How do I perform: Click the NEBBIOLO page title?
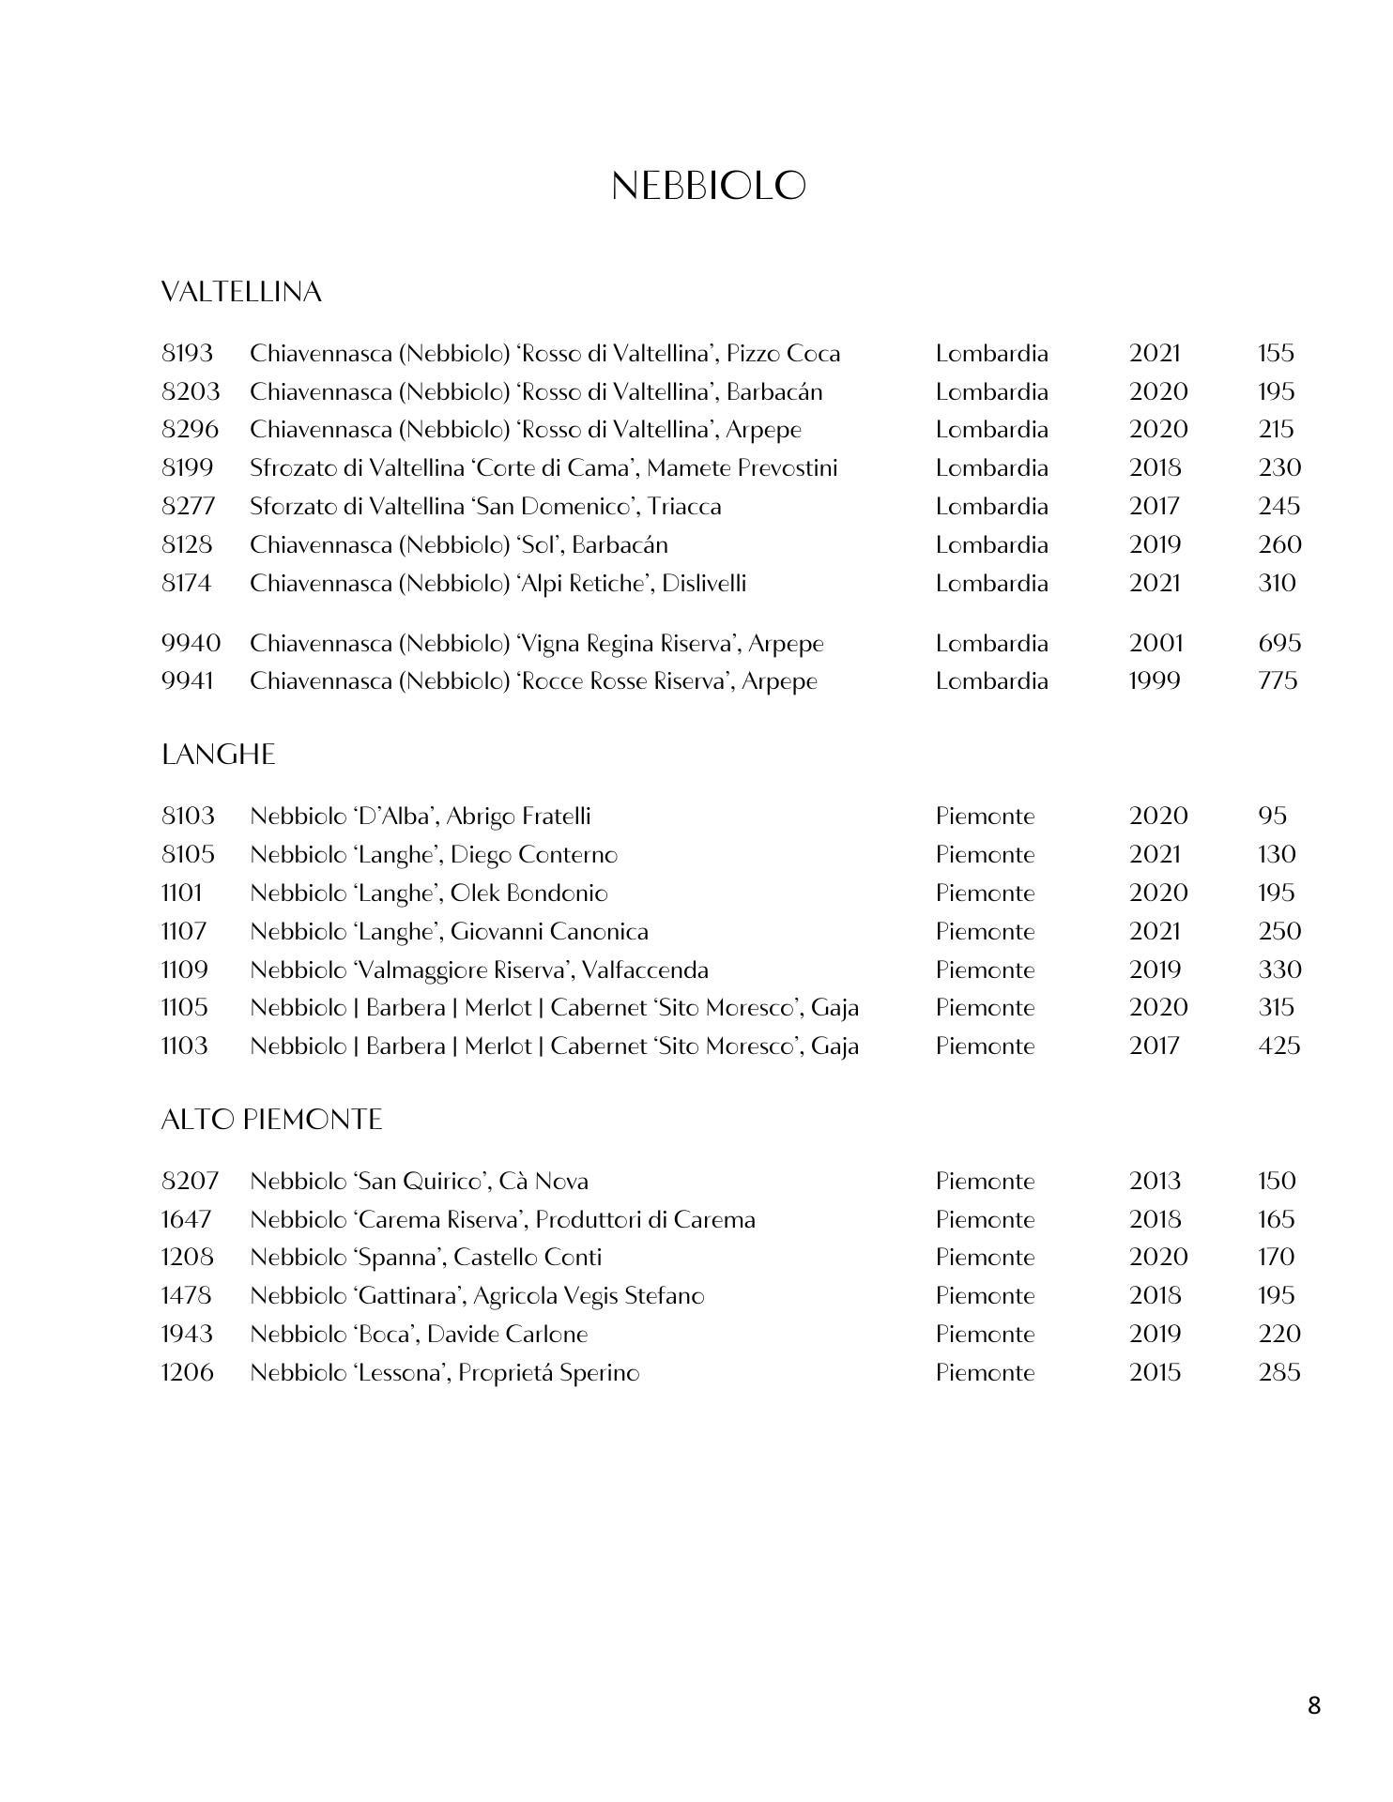[x=708, y=186]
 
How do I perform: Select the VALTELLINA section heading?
[x=241, y=293]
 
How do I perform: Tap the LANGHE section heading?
[x=218, y=756]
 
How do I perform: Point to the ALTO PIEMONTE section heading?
[x=271, y=1120]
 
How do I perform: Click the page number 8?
[x=1313, y=1705]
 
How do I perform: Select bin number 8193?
[x=187, y=354]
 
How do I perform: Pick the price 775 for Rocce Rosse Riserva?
[x=1278, y=680]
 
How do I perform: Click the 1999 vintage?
[x=1154, y=680]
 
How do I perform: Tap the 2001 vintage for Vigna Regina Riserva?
[x=1156, y=644]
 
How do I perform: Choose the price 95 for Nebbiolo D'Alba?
[x=1272, y=816]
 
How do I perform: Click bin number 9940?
[x=191, y=644]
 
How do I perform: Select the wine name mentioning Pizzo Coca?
[x=544, y=354]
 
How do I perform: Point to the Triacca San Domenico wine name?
[x=485, y=507]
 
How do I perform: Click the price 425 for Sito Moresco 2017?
[x=1278, y=1046]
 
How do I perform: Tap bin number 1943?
[x=187, y=1334]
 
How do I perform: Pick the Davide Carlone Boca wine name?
[x=419, y=1334]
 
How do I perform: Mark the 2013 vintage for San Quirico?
[x=1155, y=1181]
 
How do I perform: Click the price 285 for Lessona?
[x=1278, y=1372]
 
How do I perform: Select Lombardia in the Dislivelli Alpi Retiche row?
[x=991, y=583]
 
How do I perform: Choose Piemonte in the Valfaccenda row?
[x=985, y=970]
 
